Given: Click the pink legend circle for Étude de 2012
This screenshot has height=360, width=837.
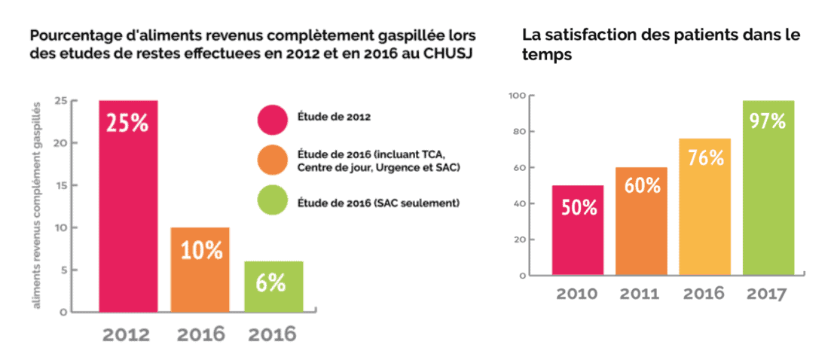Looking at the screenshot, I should pos(272,117).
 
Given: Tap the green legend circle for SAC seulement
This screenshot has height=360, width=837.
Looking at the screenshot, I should pos(272,203).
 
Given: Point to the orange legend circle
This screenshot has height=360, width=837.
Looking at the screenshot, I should pos(272,160).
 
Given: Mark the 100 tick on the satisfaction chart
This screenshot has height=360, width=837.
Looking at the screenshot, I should pos(515,96).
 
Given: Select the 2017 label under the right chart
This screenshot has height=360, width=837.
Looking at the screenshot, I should pos(768,293).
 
